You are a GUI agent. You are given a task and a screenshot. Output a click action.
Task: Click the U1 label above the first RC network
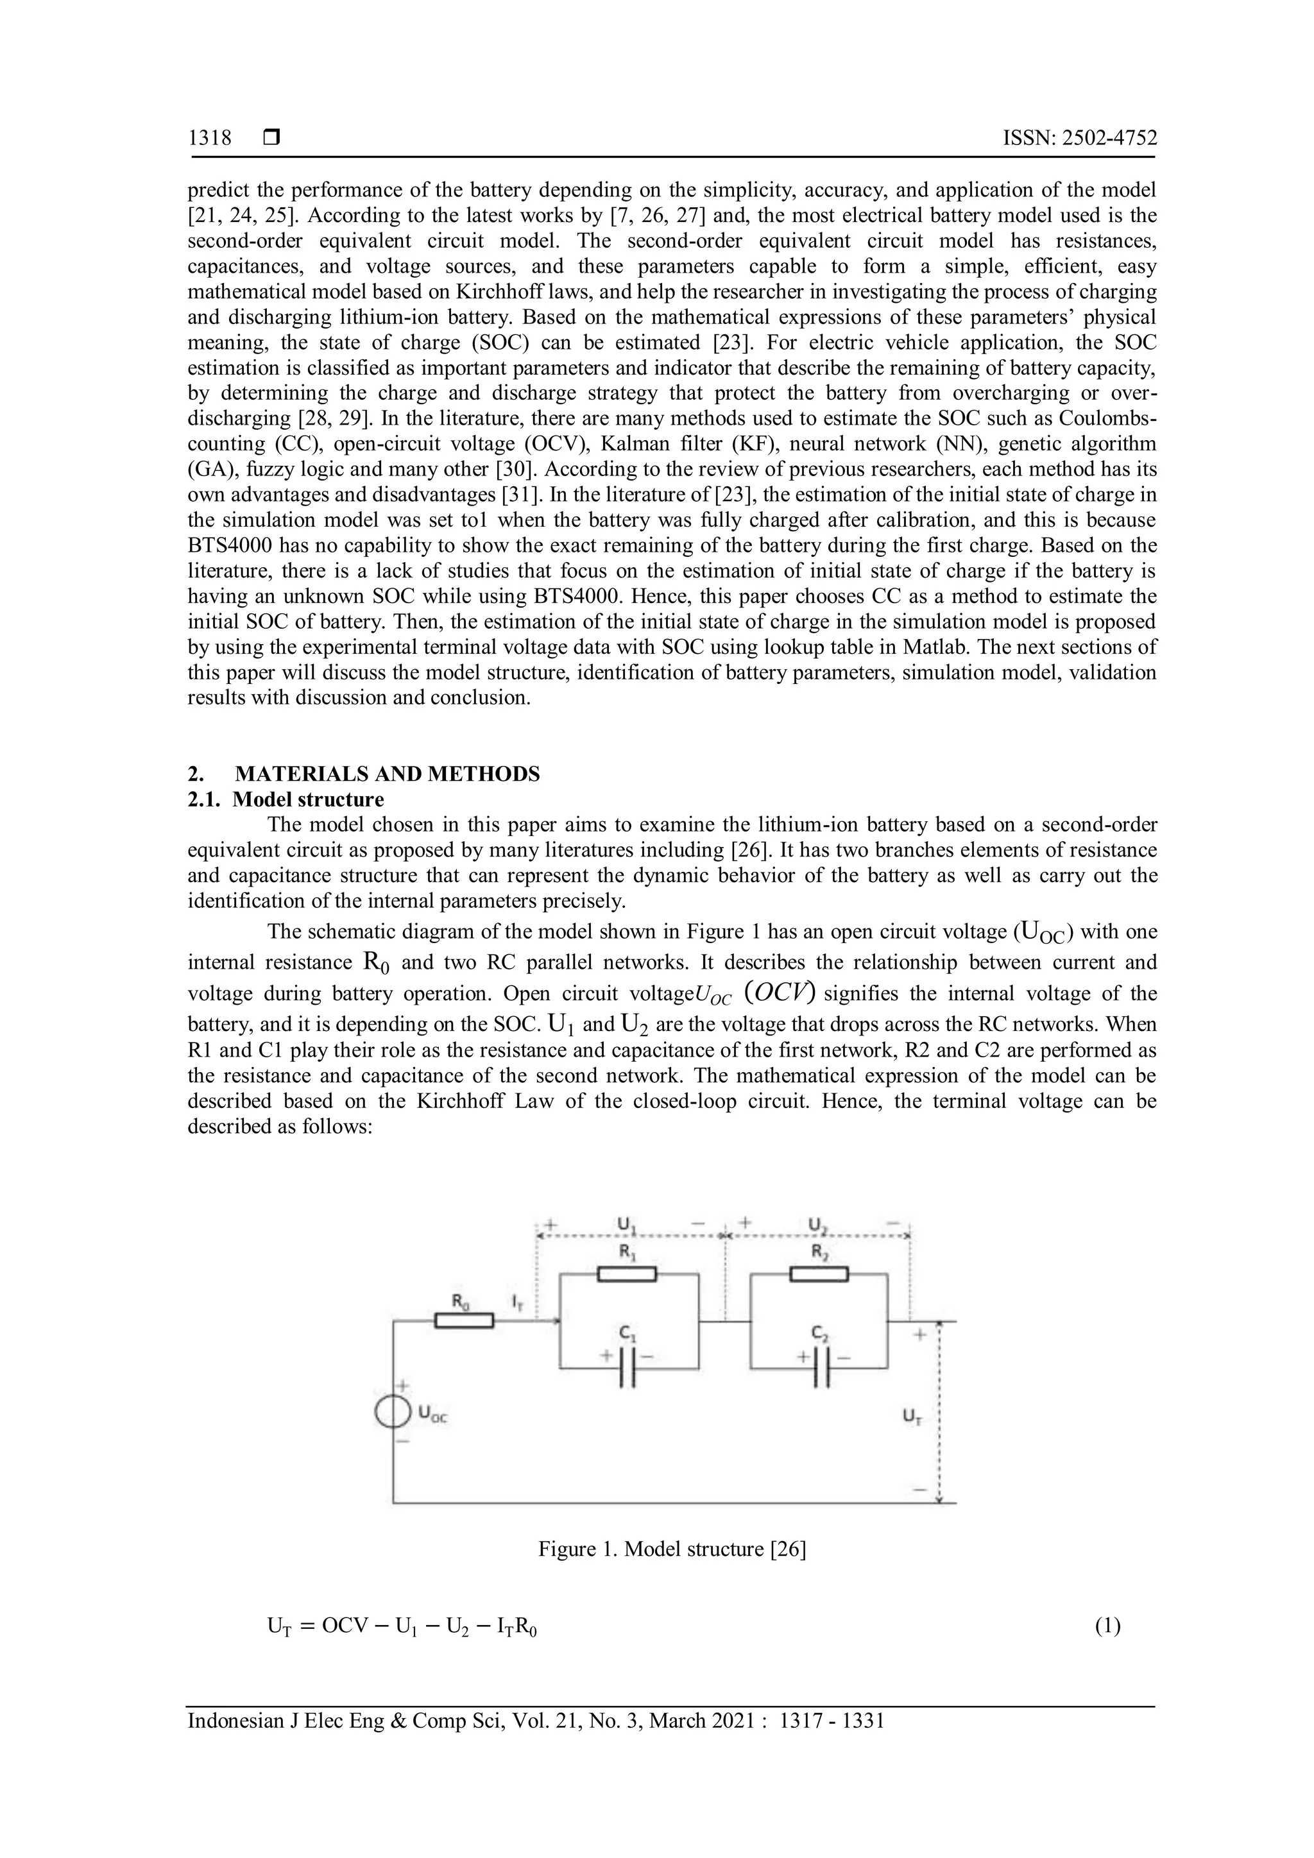click(626, 1227)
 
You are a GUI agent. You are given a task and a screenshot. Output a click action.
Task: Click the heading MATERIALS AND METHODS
click(387, 774)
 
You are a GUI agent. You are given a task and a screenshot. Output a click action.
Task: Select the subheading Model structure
click(307, 799)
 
